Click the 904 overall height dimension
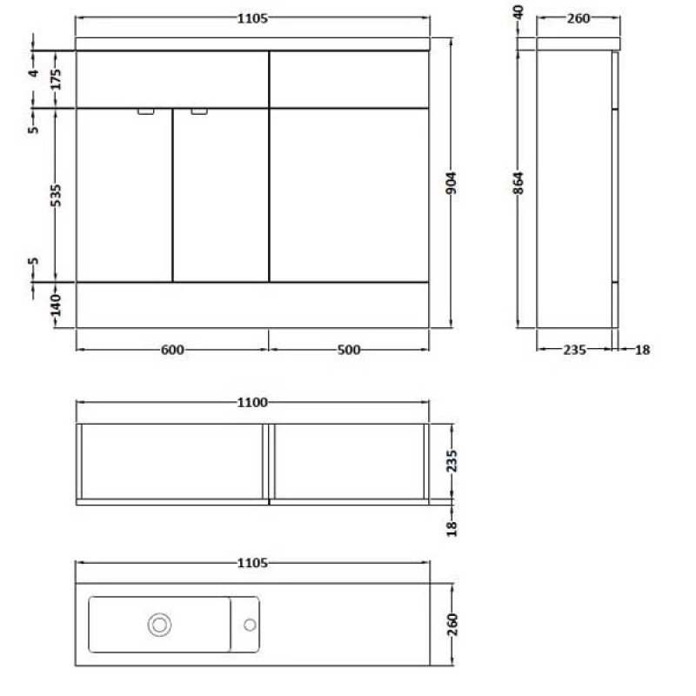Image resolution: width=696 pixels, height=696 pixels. point(452,184)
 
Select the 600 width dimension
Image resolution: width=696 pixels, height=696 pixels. point(172,350)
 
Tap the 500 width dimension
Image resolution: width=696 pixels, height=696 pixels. point(348,350)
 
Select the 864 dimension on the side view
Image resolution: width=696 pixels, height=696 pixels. point(519,184)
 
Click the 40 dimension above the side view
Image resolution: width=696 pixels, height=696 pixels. point(519,15)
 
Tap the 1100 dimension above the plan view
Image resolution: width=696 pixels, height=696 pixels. point(252,403)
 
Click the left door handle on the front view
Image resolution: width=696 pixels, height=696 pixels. point(145,111)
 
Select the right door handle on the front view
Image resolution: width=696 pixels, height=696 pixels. point(199,111)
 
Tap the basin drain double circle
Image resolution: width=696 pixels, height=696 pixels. point(159,624)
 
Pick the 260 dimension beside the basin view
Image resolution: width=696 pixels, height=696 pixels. point(452,624)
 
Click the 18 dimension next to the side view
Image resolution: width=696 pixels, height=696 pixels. point(641,350)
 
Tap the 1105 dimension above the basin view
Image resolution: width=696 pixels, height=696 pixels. point(252,563)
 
